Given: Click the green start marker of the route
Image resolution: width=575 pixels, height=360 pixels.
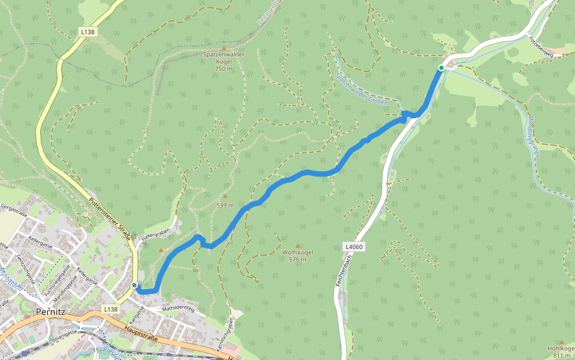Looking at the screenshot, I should point(441,68).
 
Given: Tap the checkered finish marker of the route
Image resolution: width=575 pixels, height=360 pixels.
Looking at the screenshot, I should point(136,286).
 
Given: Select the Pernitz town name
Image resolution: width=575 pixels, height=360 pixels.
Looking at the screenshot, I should point(50,312).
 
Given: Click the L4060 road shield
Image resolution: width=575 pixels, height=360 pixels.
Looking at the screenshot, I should point(354,247).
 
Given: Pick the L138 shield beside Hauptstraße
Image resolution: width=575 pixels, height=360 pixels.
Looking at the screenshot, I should point(110,309).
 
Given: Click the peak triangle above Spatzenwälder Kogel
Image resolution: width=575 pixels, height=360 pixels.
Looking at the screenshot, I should point(225,48).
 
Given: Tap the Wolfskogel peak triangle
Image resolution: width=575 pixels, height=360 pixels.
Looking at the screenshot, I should point(298,246).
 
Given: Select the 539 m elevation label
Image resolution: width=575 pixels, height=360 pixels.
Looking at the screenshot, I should point(225,206).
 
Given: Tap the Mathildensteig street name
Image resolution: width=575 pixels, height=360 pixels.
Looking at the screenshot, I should point(178,310).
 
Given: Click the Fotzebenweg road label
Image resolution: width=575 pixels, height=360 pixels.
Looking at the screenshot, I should point(541,46).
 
